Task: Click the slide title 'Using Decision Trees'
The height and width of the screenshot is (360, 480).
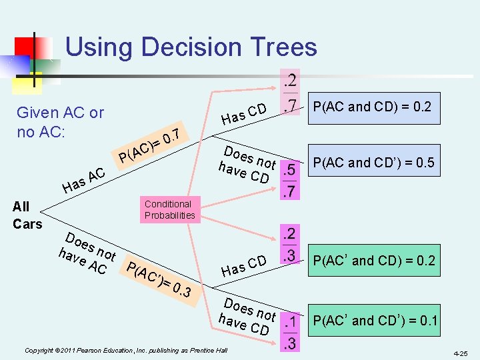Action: coord(191,47)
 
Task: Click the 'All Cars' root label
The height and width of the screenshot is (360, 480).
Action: coord(27,215)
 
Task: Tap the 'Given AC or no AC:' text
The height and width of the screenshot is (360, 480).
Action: coord(60,122)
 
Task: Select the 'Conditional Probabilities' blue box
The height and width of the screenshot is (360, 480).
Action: coord(169,209)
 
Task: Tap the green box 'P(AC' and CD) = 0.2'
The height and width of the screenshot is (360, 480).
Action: coord(374,261)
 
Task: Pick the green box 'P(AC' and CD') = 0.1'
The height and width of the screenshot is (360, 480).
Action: coord(374,321)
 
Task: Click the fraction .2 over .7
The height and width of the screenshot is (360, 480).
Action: coord(291,93)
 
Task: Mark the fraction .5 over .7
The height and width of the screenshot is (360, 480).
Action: coord(290,181)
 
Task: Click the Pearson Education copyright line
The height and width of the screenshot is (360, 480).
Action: coord(126,350)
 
